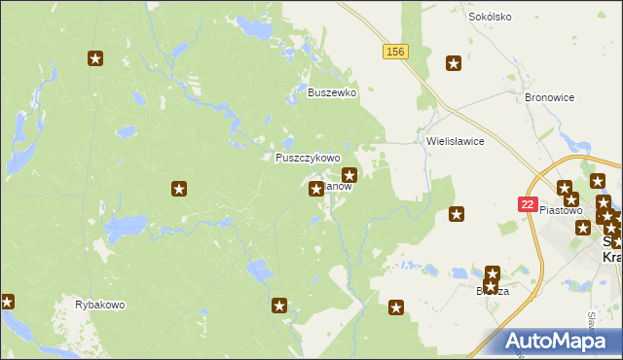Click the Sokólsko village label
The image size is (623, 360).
tap(490, 17)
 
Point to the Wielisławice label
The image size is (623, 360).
tap(456, 141)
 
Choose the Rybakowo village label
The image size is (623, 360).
tap(100, 305)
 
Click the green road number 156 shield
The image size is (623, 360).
tap(394, 52)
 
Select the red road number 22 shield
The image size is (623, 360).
tap(527, 204)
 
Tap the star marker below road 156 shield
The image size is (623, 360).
tap(454, 64)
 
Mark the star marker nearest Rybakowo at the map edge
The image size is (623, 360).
tap(7, 302)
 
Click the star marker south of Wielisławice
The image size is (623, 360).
tap(456, 214)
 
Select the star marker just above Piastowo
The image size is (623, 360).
tap(565, 188)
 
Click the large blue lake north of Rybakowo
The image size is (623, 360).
tap(126, 231)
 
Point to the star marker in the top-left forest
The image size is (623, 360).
tap(95, 59)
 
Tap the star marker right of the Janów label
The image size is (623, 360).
tap(350, 175)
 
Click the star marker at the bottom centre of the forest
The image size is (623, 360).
tap(280, 306)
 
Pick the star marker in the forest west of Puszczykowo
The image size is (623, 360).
tap(179, 188)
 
